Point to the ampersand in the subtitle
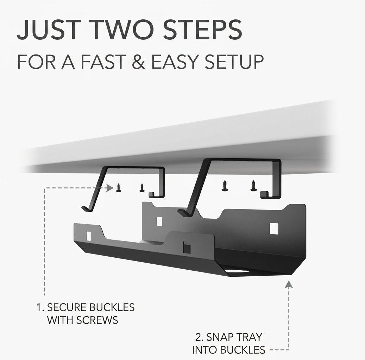[138, 62]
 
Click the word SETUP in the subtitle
[234, 62]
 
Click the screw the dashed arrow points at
[119, 188]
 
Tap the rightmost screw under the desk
[253, 186]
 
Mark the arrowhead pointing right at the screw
[110, 187]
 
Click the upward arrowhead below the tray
[289, 284]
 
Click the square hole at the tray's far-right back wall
[274, 229]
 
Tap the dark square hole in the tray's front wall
[187, 247]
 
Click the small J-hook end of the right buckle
[264, 195]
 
